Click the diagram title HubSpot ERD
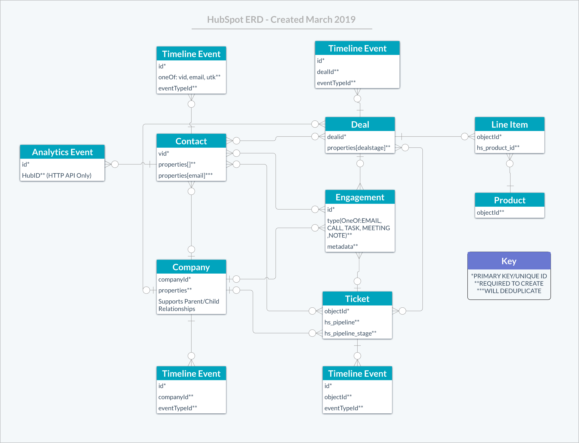281,19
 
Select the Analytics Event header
62,152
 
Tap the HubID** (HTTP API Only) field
57,175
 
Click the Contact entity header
191,141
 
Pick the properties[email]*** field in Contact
185,175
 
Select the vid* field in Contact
164,153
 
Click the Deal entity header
360,125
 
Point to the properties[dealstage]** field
358,148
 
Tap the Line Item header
509,125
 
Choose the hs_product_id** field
498,148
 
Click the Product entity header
509,200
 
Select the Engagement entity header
360,197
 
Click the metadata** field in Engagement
342,246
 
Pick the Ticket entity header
357,299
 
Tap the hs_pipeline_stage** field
350,333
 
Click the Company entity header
191,267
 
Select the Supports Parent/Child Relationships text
188,305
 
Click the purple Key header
509,261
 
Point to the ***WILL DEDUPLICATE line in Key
509,291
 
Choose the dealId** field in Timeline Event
328,72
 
